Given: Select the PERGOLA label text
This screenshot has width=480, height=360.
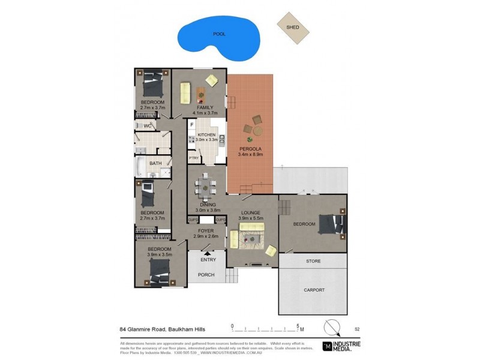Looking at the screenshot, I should [250, 149].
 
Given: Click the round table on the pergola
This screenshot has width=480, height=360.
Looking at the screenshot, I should [257, 130].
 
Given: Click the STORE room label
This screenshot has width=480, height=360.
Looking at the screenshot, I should [313, 262].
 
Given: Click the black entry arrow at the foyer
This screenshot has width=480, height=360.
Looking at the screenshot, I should [208, 254].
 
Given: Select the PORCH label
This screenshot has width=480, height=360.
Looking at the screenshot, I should [207, 275].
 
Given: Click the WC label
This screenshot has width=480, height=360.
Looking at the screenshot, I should [148, 125].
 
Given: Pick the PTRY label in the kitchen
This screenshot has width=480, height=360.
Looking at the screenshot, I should [194, 158].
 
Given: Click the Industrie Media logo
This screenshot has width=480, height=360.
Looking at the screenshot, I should [341, 345].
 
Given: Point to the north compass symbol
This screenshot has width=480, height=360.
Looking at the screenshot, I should [331, 328].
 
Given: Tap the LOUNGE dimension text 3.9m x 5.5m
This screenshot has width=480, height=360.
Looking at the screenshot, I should [251, 218].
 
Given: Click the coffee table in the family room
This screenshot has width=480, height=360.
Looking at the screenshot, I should [200, 93].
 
